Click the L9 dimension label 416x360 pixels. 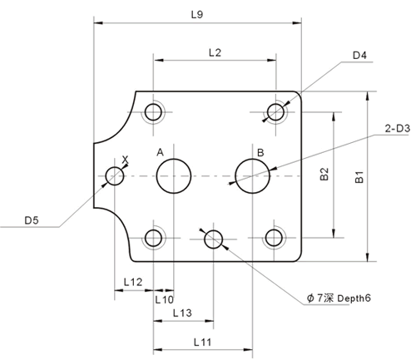point(197,14)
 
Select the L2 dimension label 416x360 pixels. point(215,52)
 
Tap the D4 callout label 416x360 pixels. point(359,56)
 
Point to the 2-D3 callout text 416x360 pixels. point(398,129)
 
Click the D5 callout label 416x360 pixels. point(32,220)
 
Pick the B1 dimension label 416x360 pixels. point(359,177)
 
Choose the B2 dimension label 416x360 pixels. point(324,174)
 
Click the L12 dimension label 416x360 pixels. point(133,282)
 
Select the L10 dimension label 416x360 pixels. point(164,299)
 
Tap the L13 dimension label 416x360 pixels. point(182,313)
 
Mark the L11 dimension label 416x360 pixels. point(202,343)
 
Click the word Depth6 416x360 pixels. point(354,298)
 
